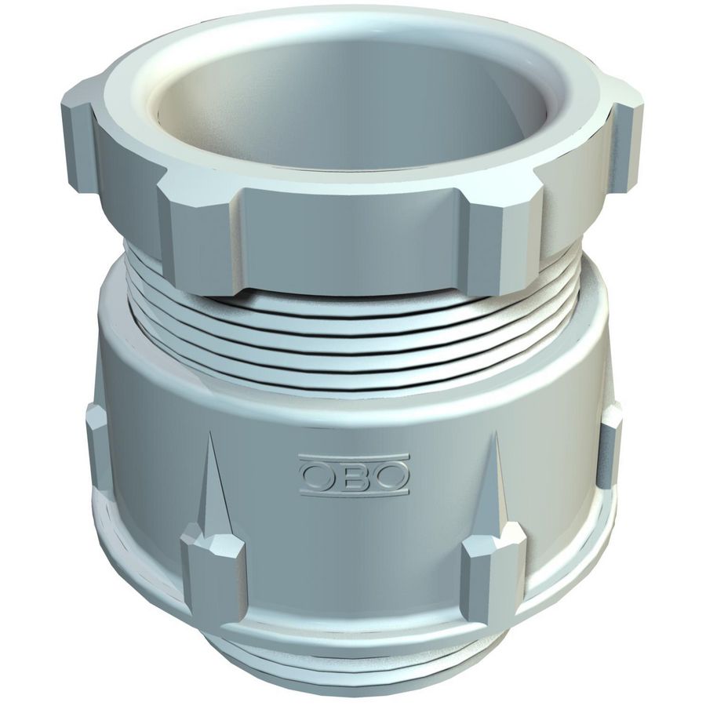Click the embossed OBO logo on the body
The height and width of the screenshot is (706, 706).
tap(354, 475)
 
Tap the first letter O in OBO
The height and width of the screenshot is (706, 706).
tap(318, 475)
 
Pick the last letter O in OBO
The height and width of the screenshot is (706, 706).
tap(391, 476)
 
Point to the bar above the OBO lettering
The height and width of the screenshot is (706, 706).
tap(354, 457)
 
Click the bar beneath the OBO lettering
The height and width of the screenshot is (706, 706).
tap(354, 494)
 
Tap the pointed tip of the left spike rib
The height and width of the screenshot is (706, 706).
tap(209, 433)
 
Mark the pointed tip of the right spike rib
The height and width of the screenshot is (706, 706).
tap(497, 432)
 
